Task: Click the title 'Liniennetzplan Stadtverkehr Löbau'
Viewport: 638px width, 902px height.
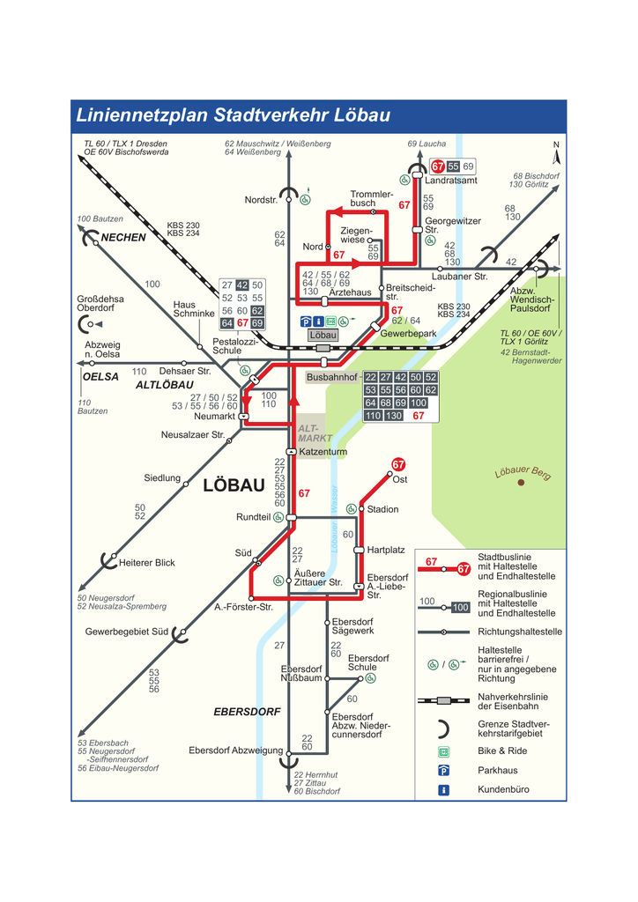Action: tap(233, 115)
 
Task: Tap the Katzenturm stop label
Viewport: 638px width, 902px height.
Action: tap(323, 452)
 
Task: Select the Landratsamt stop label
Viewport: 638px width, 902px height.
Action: tap(451, 181)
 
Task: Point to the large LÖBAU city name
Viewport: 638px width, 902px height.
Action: tap(234, 485)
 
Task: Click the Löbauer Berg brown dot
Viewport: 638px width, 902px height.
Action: tap(521, 482)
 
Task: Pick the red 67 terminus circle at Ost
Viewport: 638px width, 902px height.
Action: tap(398, 464)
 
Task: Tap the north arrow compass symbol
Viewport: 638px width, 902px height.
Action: tap(556, 155)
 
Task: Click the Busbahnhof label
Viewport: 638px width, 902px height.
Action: tap(332, 377)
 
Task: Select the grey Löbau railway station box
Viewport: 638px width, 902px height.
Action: tap(323, 336)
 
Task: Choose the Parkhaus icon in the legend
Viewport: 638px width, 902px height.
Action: tap(444, 770)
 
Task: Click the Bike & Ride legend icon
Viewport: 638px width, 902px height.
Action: tap(444, 751)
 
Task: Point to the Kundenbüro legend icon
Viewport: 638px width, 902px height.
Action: tap(444, 789)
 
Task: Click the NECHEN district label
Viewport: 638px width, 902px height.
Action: tap(123, 238)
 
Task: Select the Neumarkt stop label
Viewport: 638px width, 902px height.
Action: tap(214, 416)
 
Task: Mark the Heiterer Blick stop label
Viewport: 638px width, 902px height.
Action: tap(147, 563)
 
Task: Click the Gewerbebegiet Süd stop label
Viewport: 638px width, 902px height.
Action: tap(127, 632)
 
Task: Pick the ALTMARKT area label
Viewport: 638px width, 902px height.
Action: tap(315, 433)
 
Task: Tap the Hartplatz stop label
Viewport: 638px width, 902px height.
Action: tap(386, 550)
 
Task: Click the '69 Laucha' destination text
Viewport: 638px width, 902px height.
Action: tap(427, 144)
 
